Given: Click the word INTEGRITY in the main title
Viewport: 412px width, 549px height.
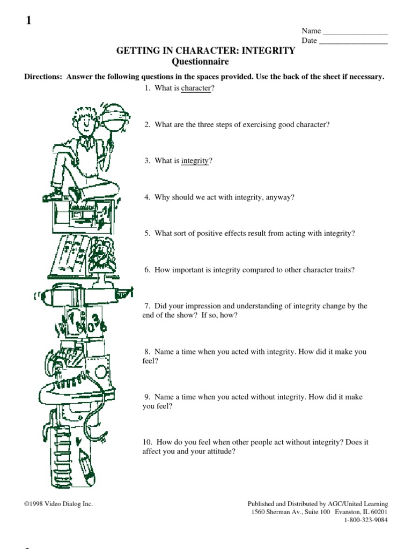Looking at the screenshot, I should pyautogui.click(x=268, y=51).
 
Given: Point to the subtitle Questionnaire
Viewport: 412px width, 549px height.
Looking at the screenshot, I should pyautogui.click(x=207, y=62).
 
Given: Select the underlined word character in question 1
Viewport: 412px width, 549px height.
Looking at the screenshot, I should pyautogui.click(x=196, y=88).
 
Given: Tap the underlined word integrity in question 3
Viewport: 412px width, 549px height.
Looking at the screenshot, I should pyautogui.click(x=195, y=161).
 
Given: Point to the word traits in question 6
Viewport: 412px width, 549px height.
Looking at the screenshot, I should pyautogui.click(x=342, y=270).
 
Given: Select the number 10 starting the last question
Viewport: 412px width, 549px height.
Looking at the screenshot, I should pyautogui.click(x=147, y=442).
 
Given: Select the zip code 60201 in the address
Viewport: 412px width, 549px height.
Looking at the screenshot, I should pyautogui.click(x=377, y=512).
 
